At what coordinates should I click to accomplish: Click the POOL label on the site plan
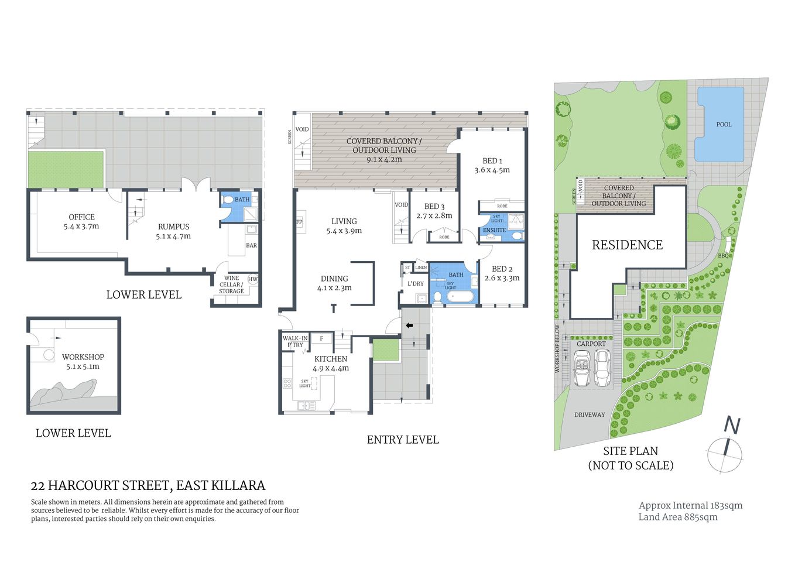(724, 125)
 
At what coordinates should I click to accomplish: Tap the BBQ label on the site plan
(723, 256)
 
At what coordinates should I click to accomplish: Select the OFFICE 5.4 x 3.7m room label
(81, 221)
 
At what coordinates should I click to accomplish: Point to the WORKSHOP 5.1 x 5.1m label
(83, 361)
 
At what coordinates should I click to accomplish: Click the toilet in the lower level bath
(228, 200)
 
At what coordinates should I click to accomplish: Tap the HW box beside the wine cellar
(253, 279)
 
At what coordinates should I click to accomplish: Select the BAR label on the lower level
(251, 245)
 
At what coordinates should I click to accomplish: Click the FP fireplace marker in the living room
(299, 222)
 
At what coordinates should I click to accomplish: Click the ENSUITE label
(494, 230)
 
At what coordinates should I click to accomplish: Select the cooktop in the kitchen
(287, 384)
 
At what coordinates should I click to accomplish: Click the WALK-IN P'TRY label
(294, 341)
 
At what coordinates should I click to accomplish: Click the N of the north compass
(732, 425)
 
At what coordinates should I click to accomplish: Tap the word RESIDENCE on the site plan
(627, 245)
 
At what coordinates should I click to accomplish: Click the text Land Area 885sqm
(678, 517)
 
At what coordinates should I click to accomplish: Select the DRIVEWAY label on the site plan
(590, 414)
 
